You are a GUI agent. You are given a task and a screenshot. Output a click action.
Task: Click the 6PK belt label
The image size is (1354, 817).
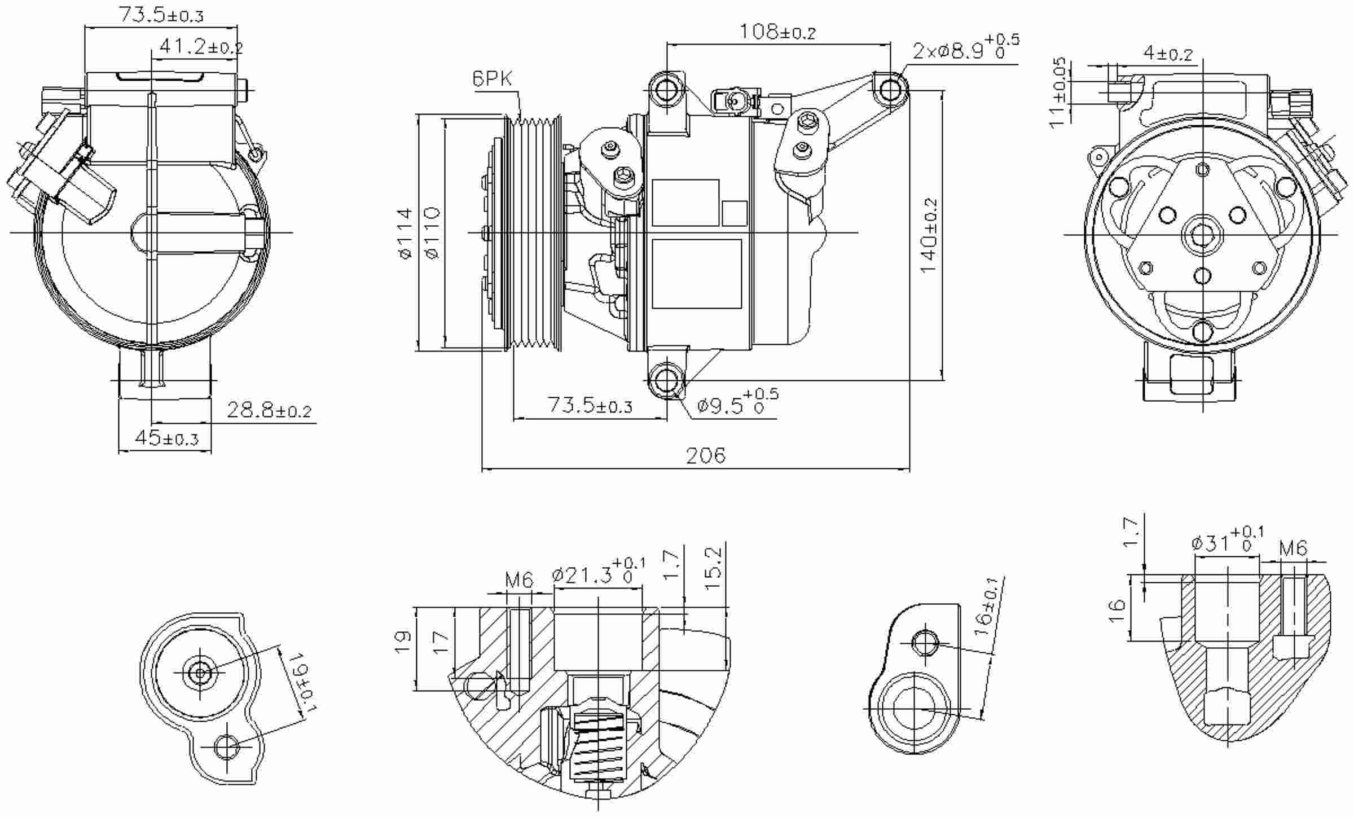point(491,79)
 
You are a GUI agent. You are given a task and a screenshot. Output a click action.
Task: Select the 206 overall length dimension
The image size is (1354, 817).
point(705,455)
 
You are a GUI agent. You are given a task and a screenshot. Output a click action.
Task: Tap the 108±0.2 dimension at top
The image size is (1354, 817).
point(777,32)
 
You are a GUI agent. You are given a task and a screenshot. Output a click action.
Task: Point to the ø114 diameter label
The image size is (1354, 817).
point(405,234)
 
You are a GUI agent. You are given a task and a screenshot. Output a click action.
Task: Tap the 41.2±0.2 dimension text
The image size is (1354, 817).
point(201,47)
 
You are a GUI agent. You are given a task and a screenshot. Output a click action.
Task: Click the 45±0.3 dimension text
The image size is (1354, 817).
point(166,438)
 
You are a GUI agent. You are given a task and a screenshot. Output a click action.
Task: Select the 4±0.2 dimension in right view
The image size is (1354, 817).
point(1168,54)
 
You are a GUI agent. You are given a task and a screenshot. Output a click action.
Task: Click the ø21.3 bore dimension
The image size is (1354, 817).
point(598,574)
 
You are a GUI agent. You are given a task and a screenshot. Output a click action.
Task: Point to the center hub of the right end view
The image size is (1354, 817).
point(1202,234)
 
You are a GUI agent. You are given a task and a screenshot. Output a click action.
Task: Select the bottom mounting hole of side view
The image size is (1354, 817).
point(666,380)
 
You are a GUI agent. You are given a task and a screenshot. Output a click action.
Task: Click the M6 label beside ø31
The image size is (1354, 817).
point(1293,548)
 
